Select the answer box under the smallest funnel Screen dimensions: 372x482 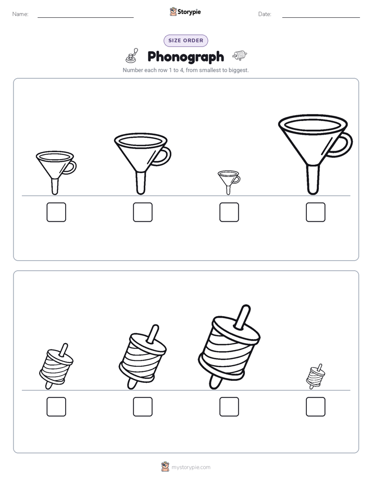point(229,212)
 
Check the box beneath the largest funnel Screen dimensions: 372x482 point(316,212)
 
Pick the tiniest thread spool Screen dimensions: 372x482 point(316,376)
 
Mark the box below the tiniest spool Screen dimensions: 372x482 point(316,407)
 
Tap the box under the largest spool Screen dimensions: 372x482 point(229,407)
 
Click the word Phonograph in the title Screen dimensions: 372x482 point(185,57)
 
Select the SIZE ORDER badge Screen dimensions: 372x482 point(185,41)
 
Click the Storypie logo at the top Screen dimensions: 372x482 point(185,11)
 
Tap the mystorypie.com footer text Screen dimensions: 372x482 point(191,467)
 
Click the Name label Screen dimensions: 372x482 point(20,14)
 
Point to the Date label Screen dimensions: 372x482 point(265,14)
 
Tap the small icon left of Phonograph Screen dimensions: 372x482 point(132,56)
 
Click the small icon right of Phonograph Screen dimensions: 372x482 point(240,55)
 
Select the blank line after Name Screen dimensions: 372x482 point(85,17)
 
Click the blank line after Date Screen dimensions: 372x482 point(321,17)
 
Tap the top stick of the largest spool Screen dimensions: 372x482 point(242,316)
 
